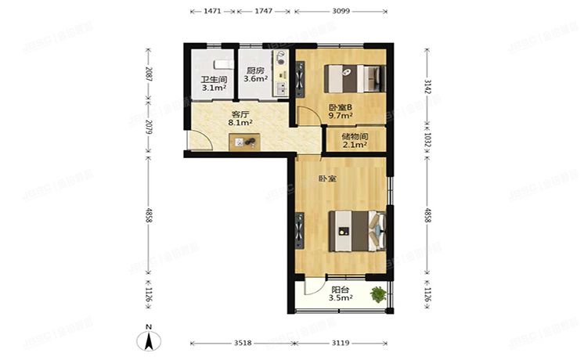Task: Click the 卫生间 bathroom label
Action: tap(214, 80)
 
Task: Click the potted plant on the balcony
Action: tap(379, 294)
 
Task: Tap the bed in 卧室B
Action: tap(354, 77)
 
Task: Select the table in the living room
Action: tap(244, 142)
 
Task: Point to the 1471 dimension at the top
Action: tap(201, 13)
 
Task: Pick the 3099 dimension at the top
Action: tap(341, 13)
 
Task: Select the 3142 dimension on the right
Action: tap(428, 85)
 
